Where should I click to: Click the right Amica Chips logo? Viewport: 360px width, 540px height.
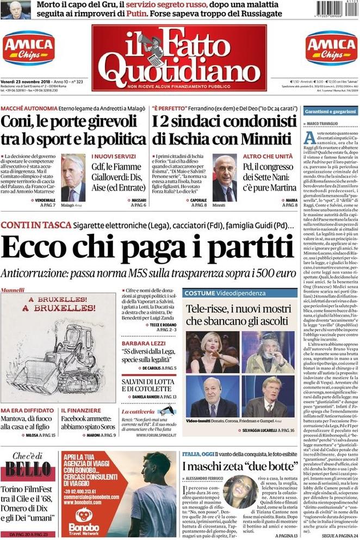pos(331,48)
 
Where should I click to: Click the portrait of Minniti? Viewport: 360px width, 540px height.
pos(225,178)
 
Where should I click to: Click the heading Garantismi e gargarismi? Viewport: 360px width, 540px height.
pos(330,111)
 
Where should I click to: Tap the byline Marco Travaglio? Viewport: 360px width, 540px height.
pos(325,125)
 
